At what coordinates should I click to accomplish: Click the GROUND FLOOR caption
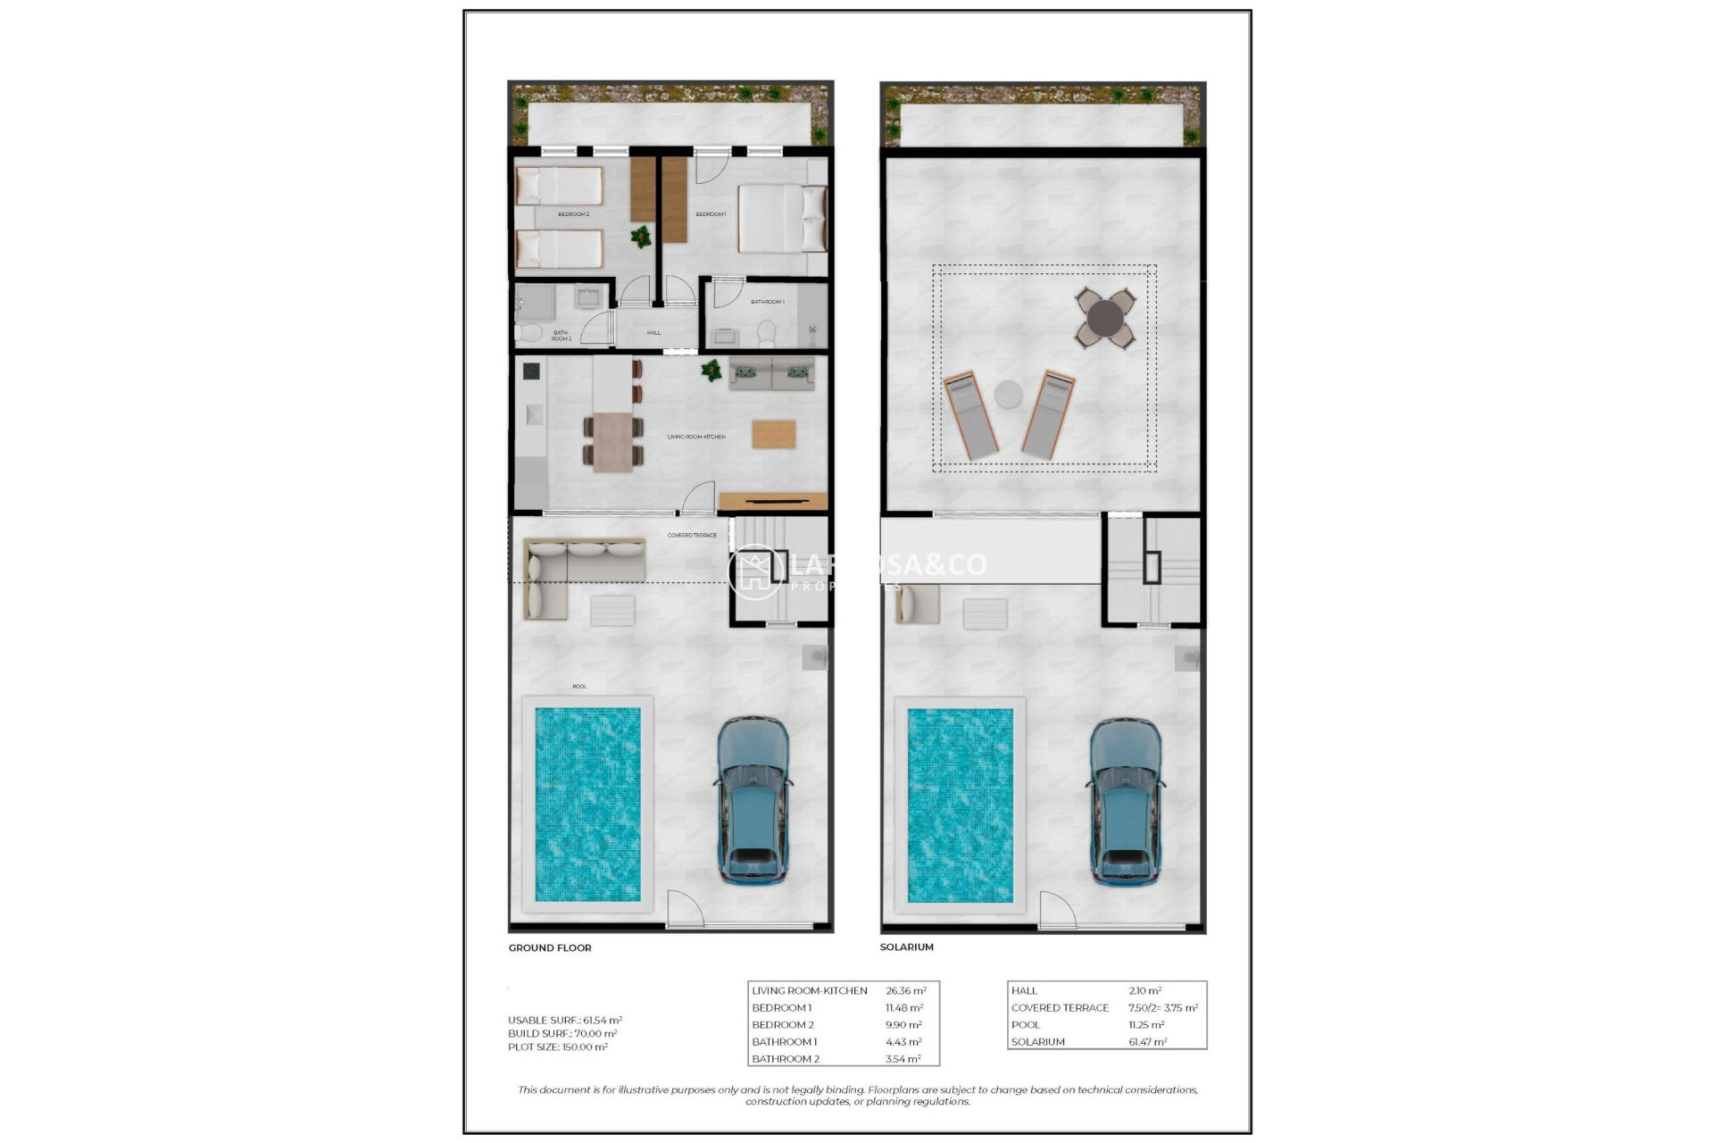coord(550,947)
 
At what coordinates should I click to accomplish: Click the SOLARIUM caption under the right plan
coord(906,947)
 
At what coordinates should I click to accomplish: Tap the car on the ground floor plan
coord(753,800)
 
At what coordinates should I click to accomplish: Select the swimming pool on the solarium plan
coord(960,805)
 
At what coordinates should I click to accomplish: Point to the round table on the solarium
coord(1105,318)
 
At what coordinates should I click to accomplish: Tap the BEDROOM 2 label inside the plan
coord(573,214)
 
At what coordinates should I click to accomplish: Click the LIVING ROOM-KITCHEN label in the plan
coord(696,437)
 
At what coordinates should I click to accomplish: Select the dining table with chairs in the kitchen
coord(612,441)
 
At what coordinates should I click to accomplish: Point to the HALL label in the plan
coord(653,333)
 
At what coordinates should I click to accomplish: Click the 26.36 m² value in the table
coord(905,990)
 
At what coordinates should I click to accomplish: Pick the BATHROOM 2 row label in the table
coord(786,1059)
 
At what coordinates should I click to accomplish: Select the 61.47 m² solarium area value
coord(1147,1042)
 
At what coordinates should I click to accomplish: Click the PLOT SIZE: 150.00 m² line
coord(558,1047)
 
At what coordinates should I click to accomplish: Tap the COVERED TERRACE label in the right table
coord(1060,1007)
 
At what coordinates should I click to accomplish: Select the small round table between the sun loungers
coord(1008,394)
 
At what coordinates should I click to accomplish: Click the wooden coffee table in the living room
coord(773,434)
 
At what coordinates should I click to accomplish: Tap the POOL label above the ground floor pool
coord(579,687)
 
